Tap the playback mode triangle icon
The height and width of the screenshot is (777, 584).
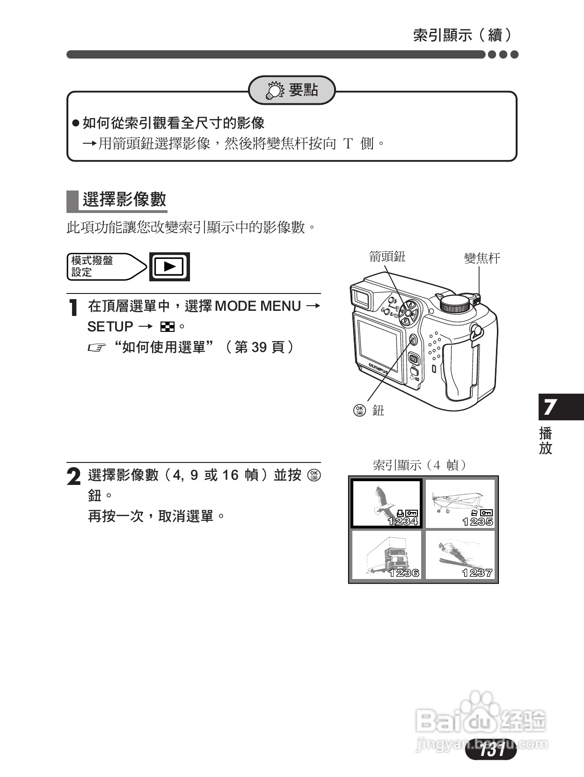169,267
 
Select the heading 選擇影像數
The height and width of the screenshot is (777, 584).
124,199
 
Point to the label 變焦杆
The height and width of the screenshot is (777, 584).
482,258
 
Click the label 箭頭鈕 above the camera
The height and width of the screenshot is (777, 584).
387,257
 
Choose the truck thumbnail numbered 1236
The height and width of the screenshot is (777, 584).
386,555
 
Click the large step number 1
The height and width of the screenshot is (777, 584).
73,308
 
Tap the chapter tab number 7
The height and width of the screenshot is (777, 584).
550,407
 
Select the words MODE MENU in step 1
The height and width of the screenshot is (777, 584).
257,306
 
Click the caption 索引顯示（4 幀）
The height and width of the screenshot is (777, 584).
420,465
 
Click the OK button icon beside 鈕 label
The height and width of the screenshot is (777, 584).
359,410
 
